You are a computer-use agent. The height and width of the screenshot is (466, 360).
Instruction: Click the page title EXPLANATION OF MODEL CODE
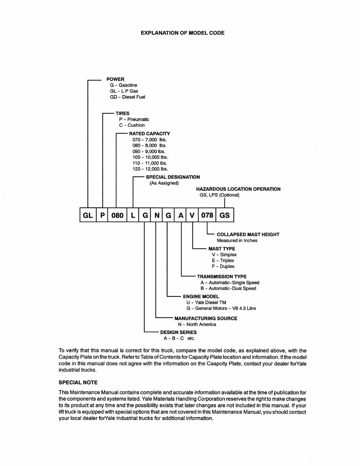point(183,33)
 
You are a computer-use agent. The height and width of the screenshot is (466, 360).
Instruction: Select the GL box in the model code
point(88,215)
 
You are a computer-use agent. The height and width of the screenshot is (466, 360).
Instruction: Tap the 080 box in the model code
point(117,215)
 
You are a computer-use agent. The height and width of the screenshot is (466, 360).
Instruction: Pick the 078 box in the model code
point(207,215)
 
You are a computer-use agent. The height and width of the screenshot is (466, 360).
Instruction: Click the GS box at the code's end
point(224,215)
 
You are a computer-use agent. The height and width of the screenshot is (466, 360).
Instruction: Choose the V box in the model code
point(192,215)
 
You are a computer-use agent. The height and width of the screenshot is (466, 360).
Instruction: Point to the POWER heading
point(116,79)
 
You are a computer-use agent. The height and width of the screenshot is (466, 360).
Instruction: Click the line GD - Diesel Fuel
point(127,97)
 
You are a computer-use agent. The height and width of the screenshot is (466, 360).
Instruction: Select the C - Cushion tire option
point(132,125)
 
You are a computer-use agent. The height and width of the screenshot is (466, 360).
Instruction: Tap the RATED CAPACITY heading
point(149,134)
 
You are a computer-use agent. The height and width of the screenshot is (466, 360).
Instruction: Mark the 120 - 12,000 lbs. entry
point(150,169)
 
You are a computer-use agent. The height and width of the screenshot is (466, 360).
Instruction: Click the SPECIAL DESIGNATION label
point(173,177)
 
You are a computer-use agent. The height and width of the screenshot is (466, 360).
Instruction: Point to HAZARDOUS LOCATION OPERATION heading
point(238,189)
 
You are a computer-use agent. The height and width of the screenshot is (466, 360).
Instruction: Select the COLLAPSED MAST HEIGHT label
point(248,235)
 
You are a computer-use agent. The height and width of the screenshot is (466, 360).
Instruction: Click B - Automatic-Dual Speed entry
point(228,288)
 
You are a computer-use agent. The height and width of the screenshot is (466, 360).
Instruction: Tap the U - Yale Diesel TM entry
point(206,303)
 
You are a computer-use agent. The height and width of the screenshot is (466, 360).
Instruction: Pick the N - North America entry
point(197,324)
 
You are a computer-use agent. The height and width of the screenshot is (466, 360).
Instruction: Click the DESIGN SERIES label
point(178,332)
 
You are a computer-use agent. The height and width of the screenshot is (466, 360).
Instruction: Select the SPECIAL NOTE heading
point(78,382)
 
